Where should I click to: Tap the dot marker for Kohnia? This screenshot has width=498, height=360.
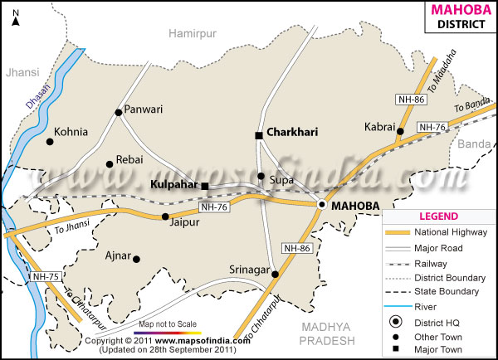(50, 142)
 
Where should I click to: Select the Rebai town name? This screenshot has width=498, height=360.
(130, 159)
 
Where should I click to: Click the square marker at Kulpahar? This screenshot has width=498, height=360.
(205, 186)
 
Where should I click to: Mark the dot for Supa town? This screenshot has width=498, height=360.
(261, 176)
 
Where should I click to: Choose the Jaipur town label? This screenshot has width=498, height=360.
(185, 223)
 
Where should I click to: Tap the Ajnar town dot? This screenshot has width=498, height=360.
(137, 259)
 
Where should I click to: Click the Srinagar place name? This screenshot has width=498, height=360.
(250, 270)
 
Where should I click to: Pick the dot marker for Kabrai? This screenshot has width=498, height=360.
(399, 131)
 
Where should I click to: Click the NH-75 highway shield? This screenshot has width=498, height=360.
(46, 276)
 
